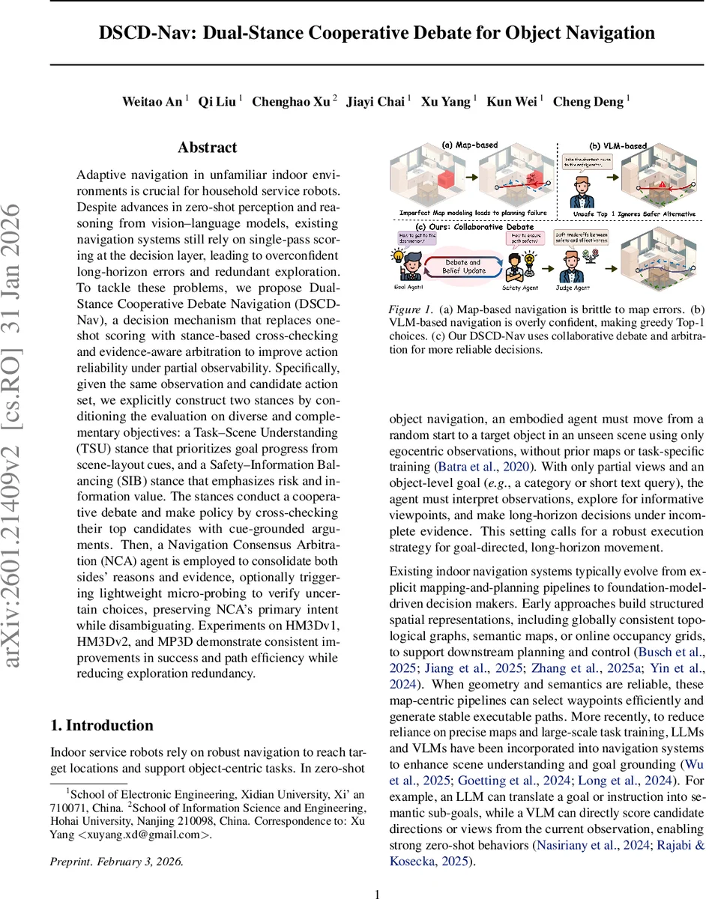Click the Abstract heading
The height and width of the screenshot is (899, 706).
tap(207, 148)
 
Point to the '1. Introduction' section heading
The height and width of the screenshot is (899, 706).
tap(101, 725)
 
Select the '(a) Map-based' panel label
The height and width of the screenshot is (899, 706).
tap(469, 145)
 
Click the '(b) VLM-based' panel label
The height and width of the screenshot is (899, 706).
tap(616, 145)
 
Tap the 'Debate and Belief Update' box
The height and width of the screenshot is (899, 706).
tap(465, 267)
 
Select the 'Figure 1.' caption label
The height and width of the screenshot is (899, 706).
tap(413, 308)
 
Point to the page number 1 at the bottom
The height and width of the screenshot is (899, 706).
tap(378, 894)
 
